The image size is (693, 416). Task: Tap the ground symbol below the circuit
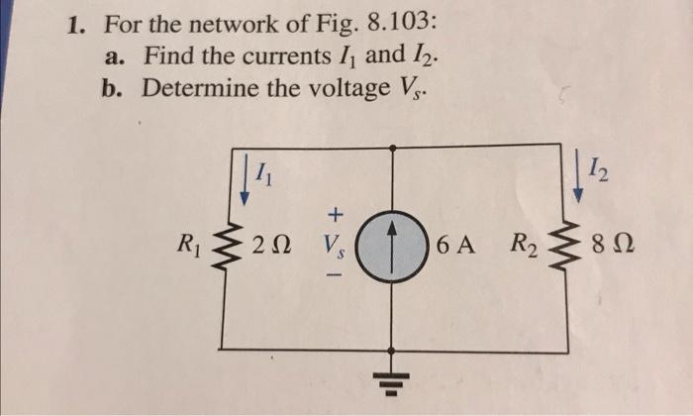point(395,380)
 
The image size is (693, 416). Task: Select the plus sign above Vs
point(336,213)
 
